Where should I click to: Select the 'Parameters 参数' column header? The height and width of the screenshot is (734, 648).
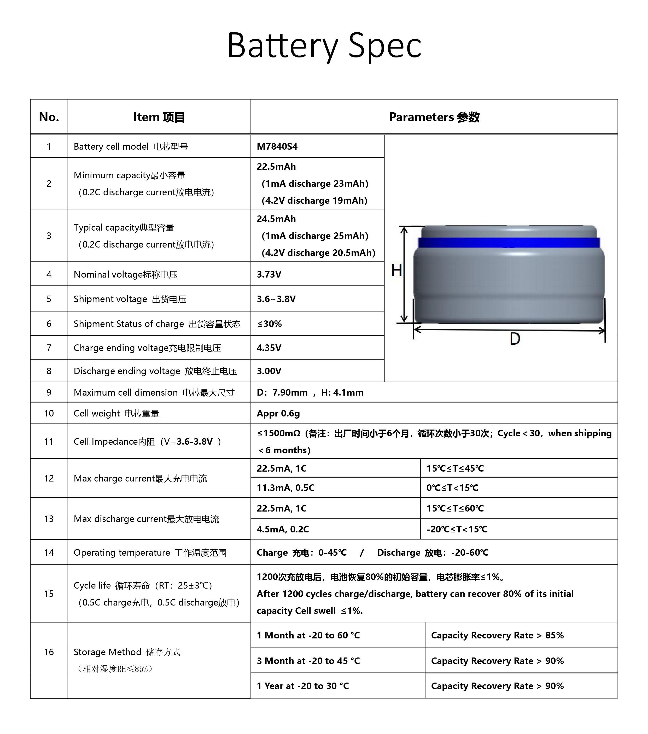click(434, 117)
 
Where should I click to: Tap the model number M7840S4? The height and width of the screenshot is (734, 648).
click(277, 146)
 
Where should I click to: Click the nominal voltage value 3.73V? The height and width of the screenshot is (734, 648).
click(269, 274)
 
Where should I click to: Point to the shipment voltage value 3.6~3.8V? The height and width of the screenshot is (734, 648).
click(276, 299)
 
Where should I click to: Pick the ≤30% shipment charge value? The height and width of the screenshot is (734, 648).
click(269, 324)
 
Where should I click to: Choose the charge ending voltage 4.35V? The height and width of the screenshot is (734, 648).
click(269, 348)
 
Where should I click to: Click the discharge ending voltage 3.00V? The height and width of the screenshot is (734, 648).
click(269, 371)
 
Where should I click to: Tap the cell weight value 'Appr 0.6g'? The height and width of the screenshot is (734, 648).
click(278, 413)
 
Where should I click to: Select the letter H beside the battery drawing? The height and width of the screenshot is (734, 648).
click(396, 271)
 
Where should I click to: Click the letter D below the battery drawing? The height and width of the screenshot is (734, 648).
click(515, 339)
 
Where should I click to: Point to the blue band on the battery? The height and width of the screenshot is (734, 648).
click(509, 243)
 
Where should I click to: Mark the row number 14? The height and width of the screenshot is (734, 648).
click(49, 552)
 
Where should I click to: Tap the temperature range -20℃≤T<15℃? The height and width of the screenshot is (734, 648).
click(457, 529)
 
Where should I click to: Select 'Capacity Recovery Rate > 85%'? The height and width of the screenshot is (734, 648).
click(497, 635)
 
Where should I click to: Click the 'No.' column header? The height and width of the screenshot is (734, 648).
click(49, 117)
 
